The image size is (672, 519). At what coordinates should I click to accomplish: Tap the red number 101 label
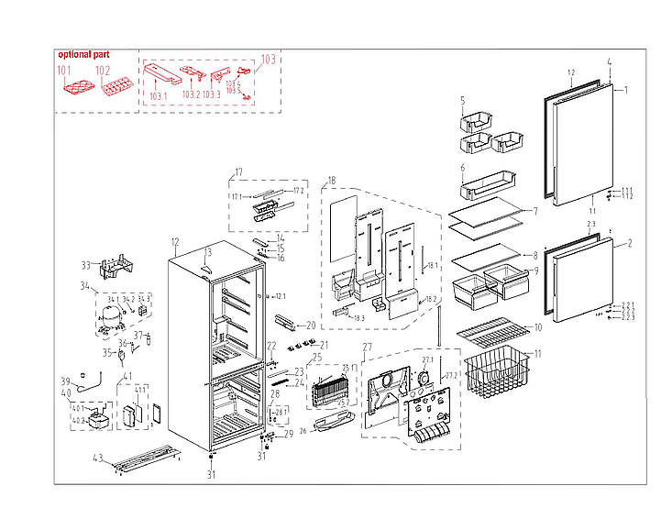coord(64,71)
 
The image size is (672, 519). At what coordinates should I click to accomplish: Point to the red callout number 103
coord(268,60)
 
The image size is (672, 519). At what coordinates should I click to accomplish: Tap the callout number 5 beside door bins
coord(463,100)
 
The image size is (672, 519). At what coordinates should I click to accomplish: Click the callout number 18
coord(331,181)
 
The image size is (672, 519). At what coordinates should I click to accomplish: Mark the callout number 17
coord(238,172)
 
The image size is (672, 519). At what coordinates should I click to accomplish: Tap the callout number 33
coord(86,266)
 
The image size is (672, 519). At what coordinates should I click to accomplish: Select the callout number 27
coord(367,348)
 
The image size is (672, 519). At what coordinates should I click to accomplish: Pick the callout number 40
coord(65,393)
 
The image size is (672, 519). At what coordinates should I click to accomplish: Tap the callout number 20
coord(311,326)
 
